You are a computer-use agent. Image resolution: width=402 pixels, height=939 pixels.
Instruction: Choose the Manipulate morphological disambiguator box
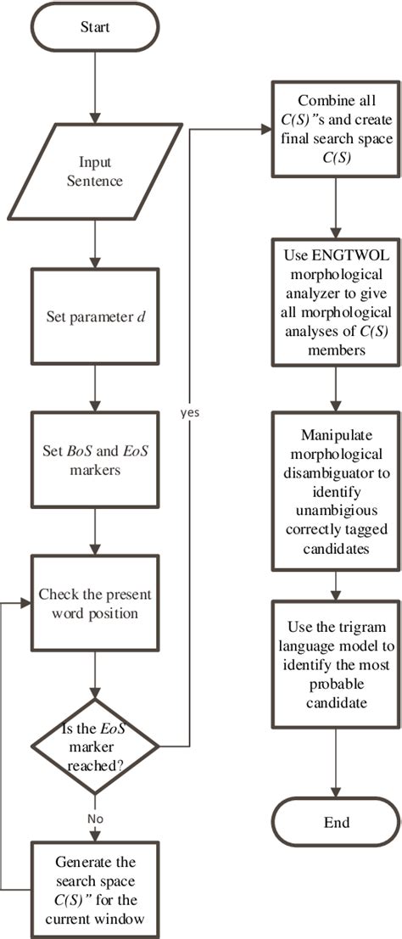point(337,489)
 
